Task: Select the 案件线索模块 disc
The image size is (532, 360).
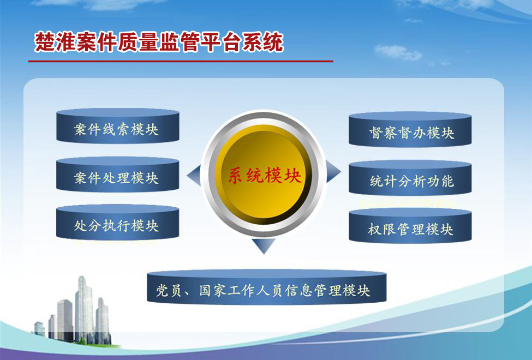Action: tap(117, 129)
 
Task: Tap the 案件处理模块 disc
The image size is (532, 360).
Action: tap(117, 177)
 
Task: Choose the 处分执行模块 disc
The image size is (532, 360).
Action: tap(117, 224)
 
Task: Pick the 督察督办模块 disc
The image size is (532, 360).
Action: tap(410, 132)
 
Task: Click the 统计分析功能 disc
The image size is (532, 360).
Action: tap(410, 181)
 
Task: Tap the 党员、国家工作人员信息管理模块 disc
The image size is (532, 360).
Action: tap(266, 289)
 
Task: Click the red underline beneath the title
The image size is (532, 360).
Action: tap(181, 61)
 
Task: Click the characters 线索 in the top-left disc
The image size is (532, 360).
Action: tap(117, 129)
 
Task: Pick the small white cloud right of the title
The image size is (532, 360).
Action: tap(399, 52)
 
